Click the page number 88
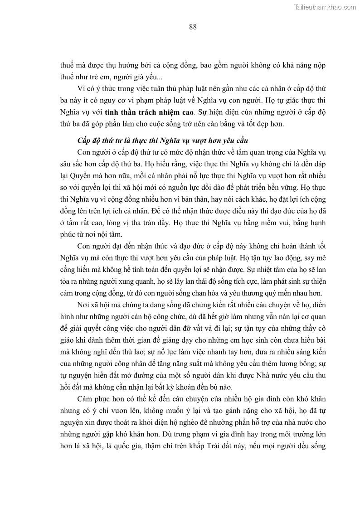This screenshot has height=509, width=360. [x=193, y=27]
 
